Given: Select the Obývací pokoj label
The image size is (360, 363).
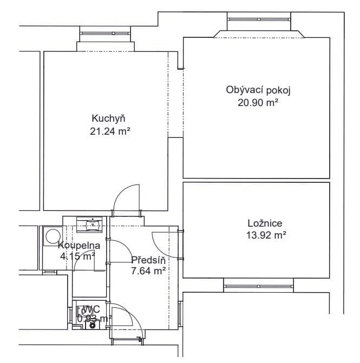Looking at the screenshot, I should tap(254, 90).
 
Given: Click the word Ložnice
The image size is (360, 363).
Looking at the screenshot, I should tap(265, 223).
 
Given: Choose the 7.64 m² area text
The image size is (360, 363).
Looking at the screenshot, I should tap(148, 272).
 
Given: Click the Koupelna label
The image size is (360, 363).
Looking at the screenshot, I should tap(79, 245).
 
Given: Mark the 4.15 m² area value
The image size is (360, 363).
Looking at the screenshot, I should tap(77, 256).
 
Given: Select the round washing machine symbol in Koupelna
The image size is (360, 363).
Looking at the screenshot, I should tap(53, 236).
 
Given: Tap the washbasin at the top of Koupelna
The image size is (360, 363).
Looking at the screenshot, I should tap(90, 223).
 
